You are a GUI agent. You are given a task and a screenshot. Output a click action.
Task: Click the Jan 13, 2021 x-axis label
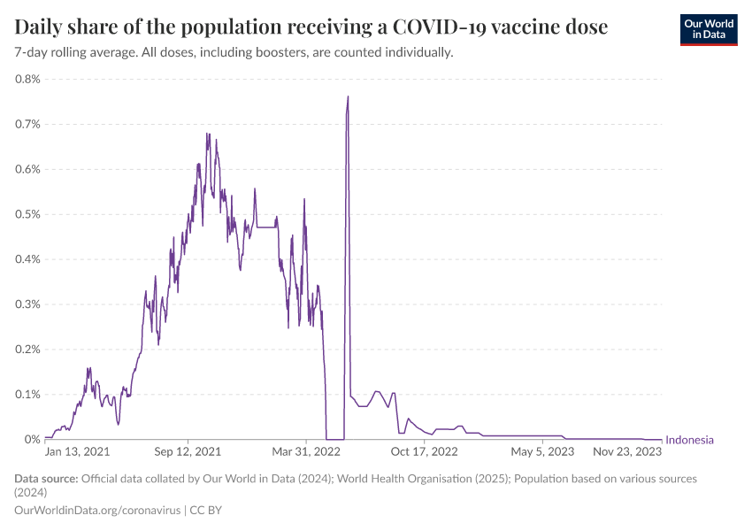coord(78,452)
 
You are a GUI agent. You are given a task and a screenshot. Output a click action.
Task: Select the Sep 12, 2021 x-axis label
coord(188,452)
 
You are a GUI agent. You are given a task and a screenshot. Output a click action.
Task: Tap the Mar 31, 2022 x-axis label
coord(306,452)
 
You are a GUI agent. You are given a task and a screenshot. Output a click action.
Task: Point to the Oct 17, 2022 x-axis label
coord(424,452)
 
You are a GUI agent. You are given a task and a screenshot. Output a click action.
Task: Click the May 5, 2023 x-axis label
coord(541,452)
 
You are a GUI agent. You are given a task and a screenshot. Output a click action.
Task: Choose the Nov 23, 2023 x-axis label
coord(627,452)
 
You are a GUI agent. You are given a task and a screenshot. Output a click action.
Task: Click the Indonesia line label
coord(689,440)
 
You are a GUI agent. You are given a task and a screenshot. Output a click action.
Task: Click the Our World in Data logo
coord(708,29)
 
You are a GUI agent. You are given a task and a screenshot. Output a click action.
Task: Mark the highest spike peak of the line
coord(348,96)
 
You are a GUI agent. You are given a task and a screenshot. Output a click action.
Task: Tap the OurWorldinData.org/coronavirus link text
coord(96,511)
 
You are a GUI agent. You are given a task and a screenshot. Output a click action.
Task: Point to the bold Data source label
coord(46,479)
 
